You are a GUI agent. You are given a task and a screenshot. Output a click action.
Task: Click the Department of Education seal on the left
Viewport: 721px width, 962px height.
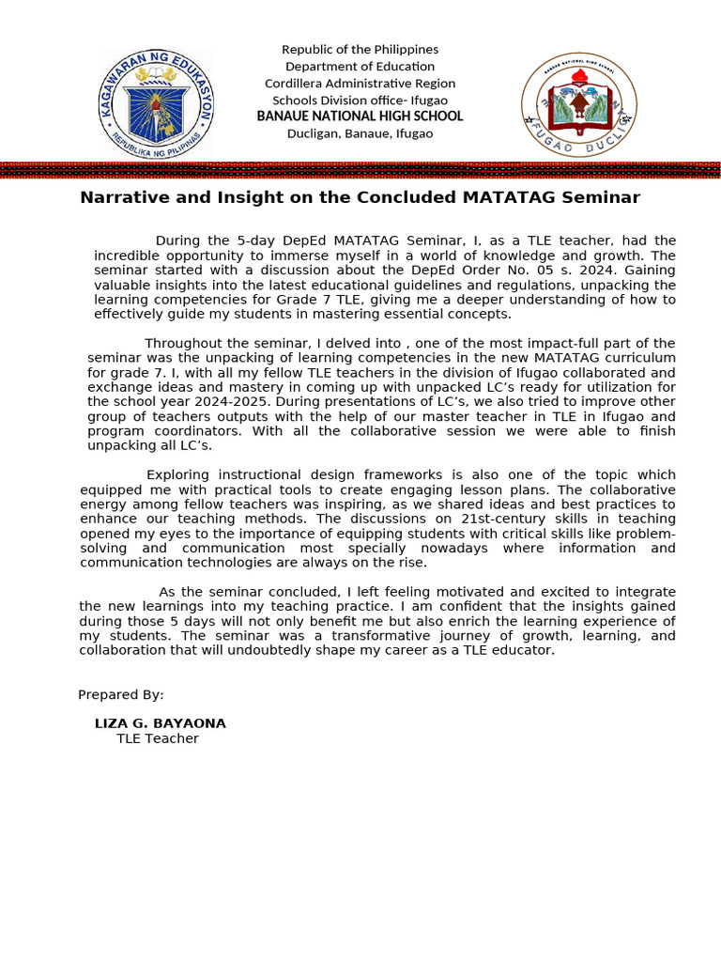click(156, 104)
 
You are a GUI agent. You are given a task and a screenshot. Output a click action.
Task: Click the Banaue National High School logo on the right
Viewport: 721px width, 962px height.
click(578, 103)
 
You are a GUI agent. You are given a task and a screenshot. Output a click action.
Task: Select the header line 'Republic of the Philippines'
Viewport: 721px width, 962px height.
click(360, 49)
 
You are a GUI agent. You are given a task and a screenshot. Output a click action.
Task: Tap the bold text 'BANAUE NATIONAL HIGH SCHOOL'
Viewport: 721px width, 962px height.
click(360, 116)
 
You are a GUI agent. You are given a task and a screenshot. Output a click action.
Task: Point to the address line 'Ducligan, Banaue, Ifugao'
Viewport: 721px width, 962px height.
click(360, 133)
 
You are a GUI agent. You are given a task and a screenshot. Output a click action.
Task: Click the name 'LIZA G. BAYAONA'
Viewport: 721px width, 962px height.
click(160, 723)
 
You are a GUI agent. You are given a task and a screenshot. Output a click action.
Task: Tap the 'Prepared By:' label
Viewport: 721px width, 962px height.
click(120, 694)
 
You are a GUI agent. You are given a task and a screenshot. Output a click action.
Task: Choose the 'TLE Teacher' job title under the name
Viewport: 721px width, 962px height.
click(157, 738)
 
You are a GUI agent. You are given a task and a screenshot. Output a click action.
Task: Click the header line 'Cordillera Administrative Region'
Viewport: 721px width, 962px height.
click(360, 83)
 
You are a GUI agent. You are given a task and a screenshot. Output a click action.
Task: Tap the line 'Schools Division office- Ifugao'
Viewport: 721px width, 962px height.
click(360, 100)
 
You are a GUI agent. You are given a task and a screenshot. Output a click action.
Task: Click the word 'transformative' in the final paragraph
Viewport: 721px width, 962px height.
click(348, 636)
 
